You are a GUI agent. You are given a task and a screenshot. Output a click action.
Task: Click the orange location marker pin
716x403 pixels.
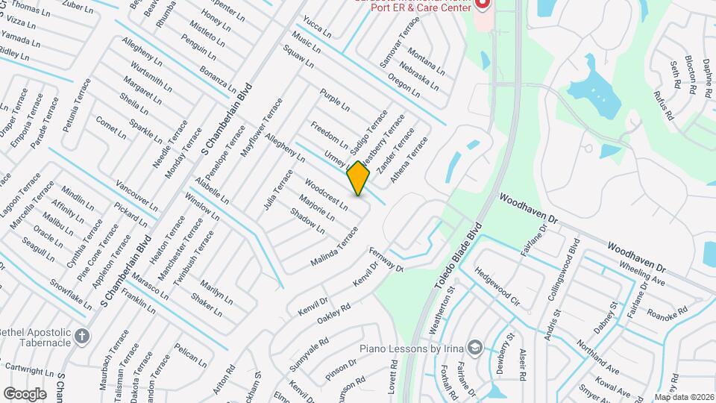359,178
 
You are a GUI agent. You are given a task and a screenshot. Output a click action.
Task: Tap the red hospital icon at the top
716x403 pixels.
481,4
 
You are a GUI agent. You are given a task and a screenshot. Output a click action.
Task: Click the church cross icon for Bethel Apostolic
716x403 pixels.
81,335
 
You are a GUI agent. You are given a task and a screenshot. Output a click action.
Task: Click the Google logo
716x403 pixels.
25,393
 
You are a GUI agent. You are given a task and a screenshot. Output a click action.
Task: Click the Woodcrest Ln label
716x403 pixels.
326,193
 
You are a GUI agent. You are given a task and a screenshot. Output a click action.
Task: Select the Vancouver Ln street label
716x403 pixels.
136,195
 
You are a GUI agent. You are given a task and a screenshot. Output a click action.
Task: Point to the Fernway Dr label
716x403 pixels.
386,262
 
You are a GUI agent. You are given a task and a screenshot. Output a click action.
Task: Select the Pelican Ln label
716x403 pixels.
190,355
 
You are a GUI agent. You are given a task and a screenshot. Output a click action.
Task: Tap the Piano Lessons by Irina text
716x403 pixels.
412,349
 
